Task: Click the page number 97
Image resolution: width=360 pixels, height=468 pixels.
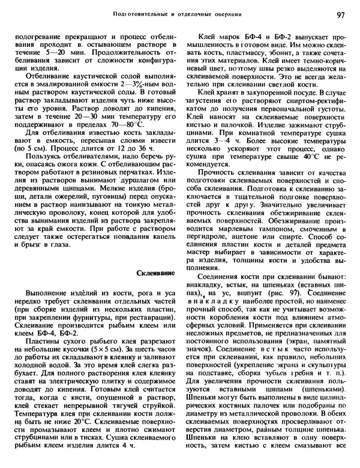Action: click(340, 14)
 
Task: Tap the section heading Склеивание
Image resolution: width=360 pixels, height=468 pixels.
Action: click(156, 273)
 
